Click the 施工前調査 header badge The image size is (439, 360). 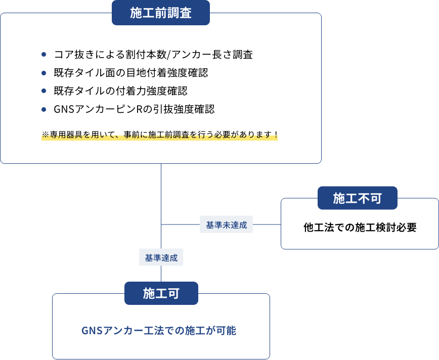coord(160,13)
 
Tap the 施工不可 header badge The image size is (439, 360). coord(357,198)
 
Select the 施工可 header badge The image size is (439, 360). coord(161,293)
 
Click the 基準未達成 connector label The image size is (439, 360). coord(226,225)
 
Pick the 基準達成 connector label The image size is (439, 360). coord(161,258)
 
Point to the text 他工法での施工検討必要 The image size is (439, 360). coord(360,228)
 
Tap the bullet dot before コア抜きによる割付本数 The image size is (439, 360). coord(44,54)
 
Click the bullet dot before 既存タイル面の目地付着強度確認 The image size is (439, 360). coord(44,72)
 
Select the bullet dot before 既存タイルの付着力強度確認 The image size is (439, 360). coord(44,91)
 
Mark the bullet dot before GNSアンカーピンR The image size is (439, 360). coord(44,109)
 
